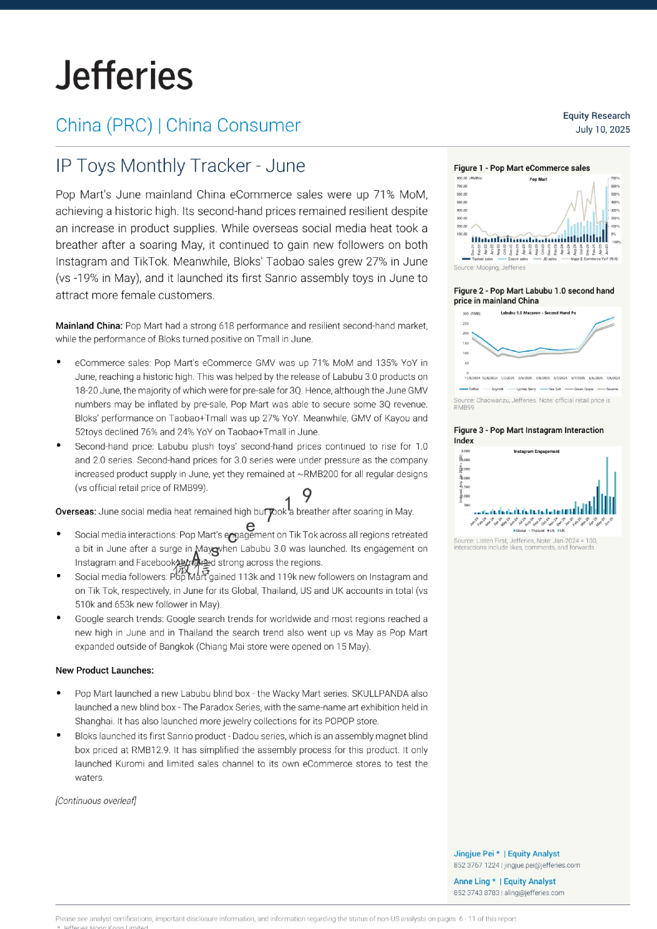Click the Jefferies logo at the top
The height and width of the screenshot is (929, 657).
[x=124, y=76]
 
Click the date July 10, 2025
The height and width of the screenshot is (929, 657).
[x=602, y=129]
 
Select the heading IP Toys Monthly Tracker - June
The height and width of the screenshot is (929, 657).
[x=180, y=166]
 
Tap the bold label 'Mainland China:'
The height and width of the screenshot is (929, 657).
[x=88, y=326]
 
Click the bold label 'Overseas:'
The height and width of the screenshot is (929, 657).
[x=75, y=512]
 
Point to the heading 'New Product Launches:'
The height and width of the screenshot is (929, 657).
[x=105, y=670]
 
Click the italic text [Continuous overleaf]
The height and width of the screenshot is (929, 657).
[x=96, y=801]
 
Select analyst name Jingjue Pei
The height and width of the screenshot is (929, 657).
[x=473, y=854]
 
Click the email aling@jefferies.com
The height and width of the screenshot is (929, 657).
[x=534, y=893]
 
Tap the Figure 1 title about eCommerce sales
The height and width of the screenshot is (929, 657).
[x=522, y=168]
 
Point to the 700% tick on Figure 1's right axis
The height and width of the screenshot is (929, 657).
[x=615, y=179]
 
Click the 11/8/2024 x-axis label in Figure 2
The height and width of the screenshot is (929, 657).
[x=473, y=378]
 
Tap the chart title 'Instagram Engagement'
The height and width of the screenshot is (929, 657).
[x=536, y=452]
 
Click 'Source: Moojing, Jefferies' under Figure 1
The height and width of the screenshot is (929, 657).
[x=489, y=268]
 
